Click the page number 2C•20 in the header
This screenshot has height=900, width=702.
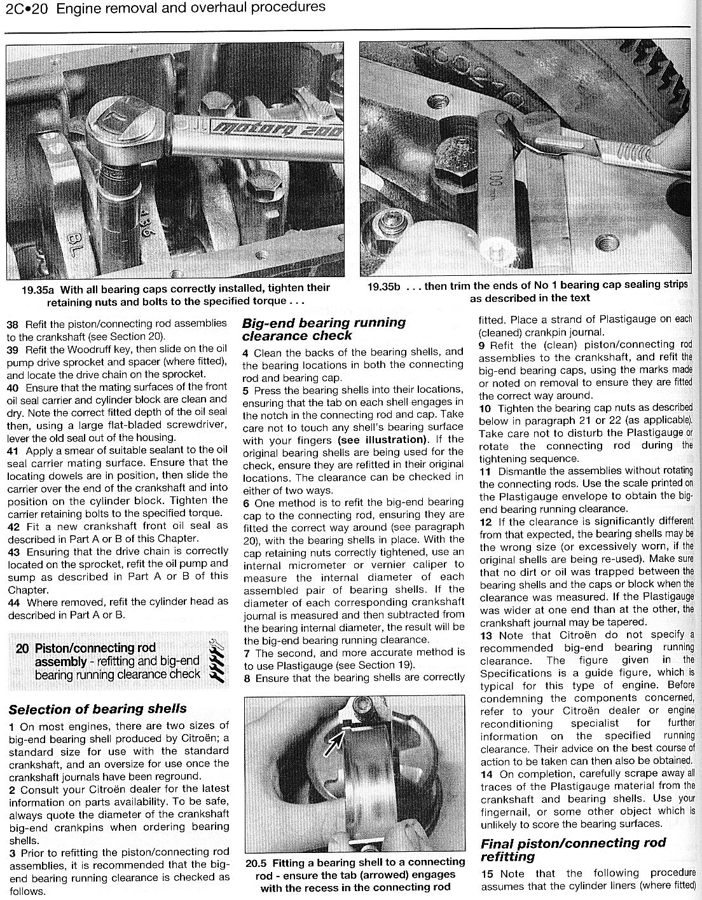(x=26, y=8)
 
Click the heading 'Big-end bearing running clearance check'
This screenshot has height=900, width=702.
(x=324, y=329)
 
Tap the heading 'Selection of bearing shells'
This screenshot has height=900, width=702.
(x=97, y=709)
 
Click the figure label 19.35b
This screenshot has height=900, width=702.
(x=384, y=286)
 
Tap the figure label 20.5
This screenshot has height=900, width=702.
(x=258, y=862)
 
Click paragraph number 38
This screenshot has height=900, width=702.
(x=13, y=324)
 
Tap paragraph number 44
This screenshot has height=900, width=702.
(x=13, y=602)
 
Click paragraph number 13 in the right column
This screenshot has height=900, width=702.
(x=486, y=635)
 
